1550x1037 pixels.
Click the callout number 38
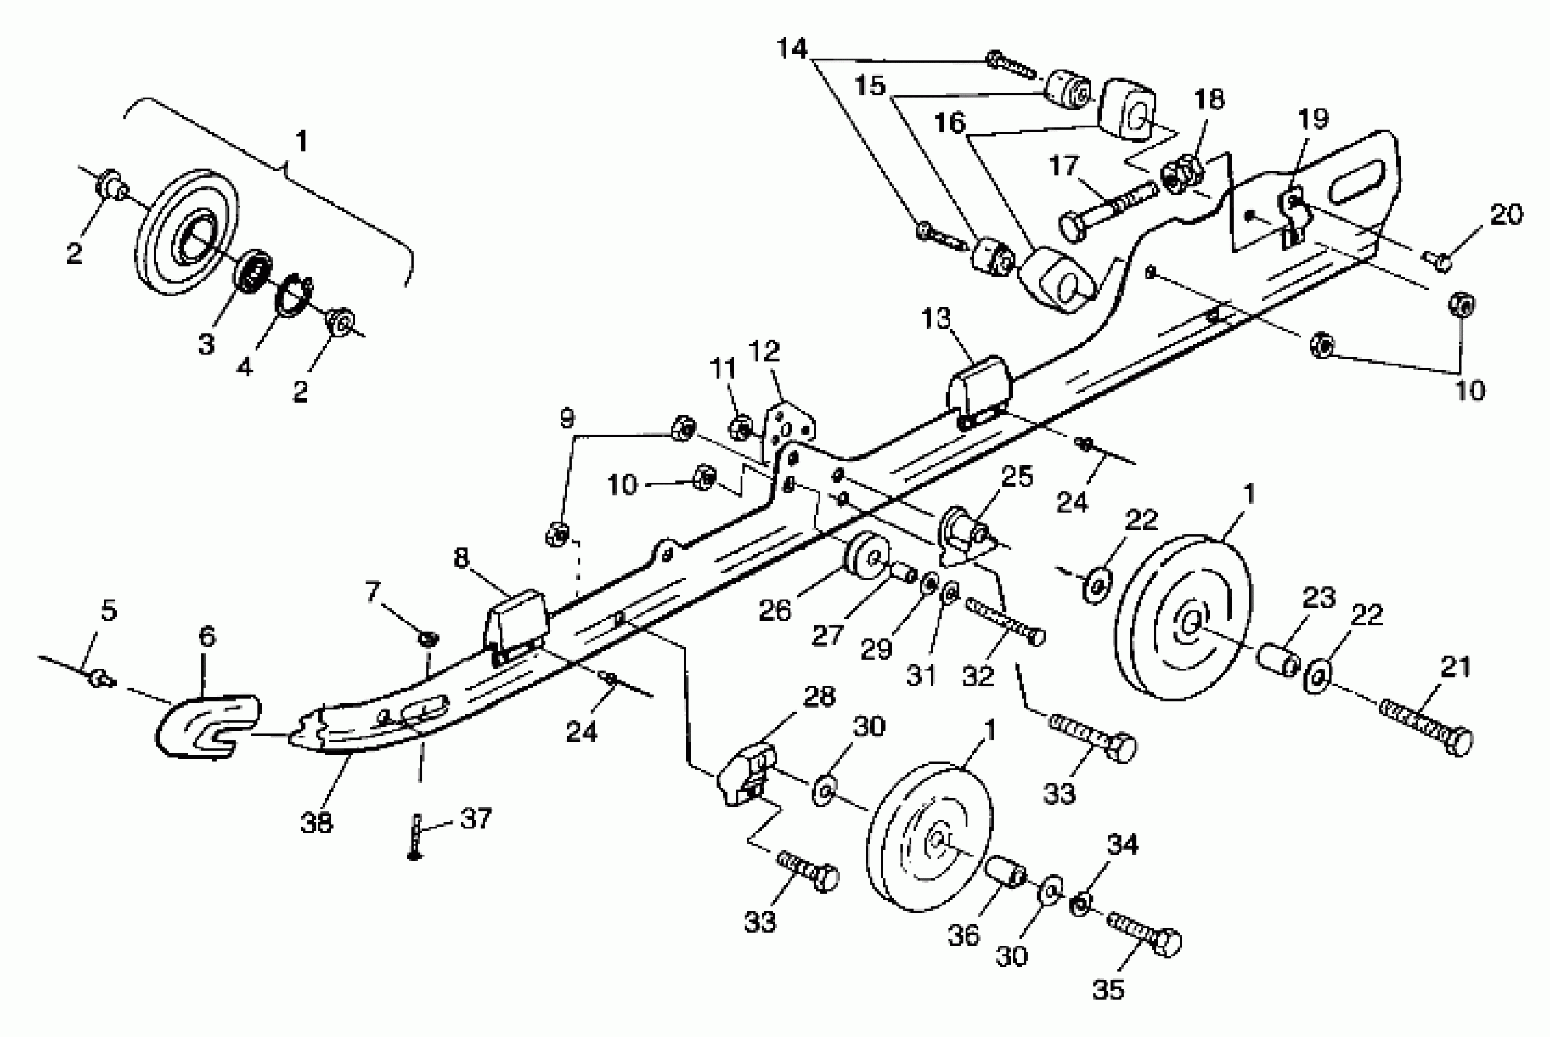pyautogui.click(x=316, y=822)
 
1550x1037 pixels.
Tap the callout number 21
pyautogui.click(x=1455, y=667)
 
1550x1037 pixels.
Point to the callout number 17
pyautogui.click(x=1063, y=165)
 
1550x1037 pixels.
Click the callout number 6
pyautogui.click(x=207, y=636)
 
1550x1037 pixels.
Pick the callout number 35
pyautogui.click(x=1108, y=989)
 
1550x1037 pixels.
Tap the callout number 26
pyautogui.click(x=774, y=611)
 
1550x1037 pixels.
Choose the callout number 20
pyautogui.click(x=1506, y=214)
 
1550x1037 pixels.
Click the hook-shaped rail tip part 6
pyautogui.click(x=205, y=725)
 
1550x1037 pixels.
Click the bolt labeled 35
pyautogui.click(x=1144, y=933)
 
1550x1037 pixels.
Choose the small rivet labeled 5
pyautogui.click(x=100, y=677)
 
